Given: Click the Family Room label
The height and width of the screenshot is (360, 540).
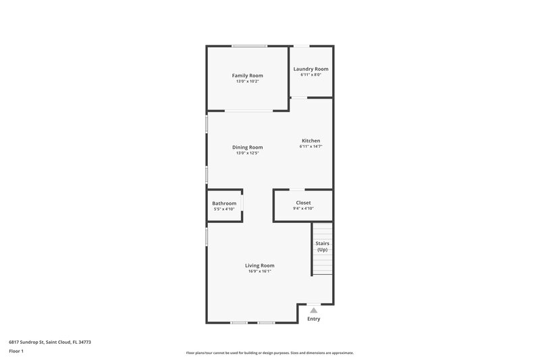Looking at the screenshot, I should [x=248, y=76].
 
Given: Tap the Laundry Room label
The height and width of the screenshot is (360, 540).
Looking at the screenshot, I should [x=310, y=69].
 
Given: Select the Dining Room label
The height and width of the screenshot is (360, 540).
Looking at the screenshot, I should [x=248, y=147].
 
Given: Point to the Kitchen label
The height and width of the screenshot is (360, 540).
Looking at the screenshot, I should [x=310, y=140].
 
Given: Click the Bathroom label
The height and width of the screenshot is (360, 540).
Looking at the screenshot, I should [x=224, y=203].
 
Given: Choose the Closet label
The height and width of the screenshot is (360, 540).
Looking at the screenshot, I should [x=303, y=203].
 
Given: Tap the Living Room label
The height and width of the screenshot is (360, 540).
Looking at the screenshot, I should [x=259, y=265].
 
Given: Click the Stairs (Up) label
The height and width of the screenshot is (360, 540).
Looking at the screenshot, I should [x=322, y=247].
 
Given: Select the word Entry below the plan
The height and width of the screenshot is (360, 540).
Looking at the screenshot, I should [x=314, y=319].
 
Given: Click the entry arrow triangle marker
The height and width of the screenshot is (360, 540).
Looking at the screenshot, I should [x=313, y=310].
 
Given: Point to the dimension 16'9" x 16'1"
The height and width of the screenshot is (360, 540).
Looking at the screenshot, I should [x=259, y=272].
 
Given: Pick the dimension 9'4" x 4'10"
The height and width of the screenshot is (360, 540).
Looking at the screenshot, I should [x=303, y=209].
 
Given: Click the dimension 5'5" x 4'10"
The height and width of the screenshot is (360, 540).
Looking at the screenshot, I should [x=224, y=209].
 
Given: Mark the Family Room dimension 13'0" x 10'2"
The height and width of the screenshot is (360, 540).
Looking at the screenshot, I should [x=248, y=81].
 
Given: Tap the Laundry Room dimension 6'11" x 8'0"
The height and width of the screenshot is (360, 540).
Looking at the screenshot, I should [x=310, y=75].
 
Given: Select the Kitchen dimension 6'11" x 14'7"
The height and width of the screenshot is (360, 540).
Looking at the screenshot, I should [x=310, y=147].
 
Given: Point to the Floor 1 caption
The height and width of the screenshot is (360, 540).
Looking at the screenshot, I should [x=16, y=352].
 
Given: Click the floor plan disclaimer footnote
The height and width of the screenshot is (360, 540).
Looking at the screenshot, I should [x=269, y=353].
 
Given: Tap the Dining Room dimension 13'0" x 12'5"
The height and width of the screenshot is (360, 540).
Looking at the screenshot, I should [x=248, y=153].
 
